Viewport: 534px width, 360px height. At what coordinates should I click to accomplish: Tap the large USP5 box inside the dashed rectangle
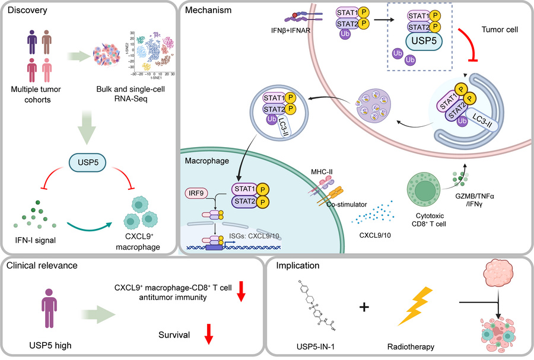click(422, 42)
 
